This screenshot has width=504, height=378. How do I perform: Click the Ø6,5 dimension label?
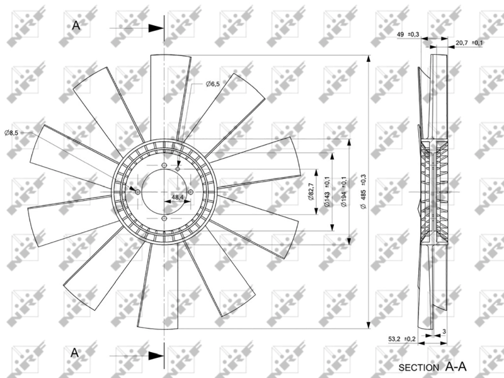click(x=212, y=84)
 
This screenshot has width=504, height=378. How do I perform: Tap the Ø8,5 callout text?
click(x=11, y=132)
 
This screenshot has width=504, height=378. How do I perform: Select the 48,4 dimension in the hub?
click(x=178, y=197)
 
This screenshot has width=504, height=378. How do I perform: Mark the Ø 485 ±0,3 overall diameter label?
click(x=363, y=192)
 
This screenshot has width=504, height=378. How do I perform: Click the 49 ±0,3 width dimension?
click(x=408, y=34)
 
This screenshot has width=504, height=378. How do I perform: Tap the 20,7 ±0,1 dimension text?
click(x=469, y=43)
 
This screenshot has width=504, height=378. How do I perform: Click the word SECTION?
click(x=419, y=366)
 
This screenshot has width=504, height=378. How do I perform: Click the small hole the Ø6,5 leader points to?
click(x=178, y=169)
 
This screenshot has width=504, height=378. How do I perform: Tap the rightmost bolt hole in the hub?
click(x=191, y=192)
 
